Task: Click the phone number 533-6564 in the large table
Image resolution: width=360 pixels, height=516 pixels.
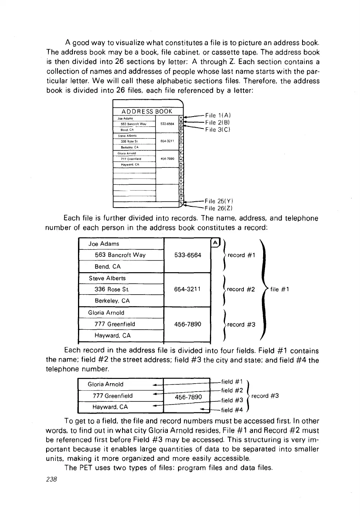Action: click(187, 255)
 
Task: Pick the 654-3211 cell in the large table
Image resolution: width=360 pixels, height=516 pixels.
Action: click(187, 290)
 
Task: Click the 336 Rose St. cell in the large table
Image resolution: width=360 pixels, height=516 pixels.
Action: click(112, 290)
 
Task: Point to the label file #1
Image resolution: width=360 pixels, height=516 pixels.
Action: click(280, 290)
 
